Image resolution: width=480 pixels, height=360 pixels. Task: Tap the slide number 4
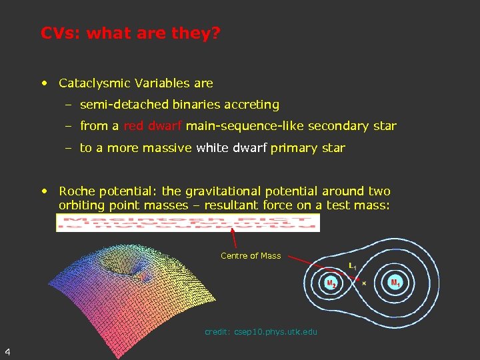[x=7, y=351]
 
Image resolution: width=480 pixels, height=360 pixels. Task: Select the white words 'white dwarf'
[x=231, y=148]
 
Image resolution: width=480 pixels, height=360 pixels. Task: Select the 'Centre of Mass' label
[x=251, y=256]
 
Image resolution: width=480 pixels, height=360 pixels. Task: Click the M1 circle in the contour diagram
[x=395, y=283]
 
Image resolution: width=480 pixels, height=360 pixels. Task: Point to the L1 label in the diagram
[x=352, y=266]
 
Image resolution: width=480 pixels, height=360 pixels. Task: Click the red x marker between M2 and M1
[x=363, y=283]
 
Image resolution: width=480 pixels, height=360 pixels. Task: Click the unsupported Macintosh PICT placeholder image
[x=188, y=223]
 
